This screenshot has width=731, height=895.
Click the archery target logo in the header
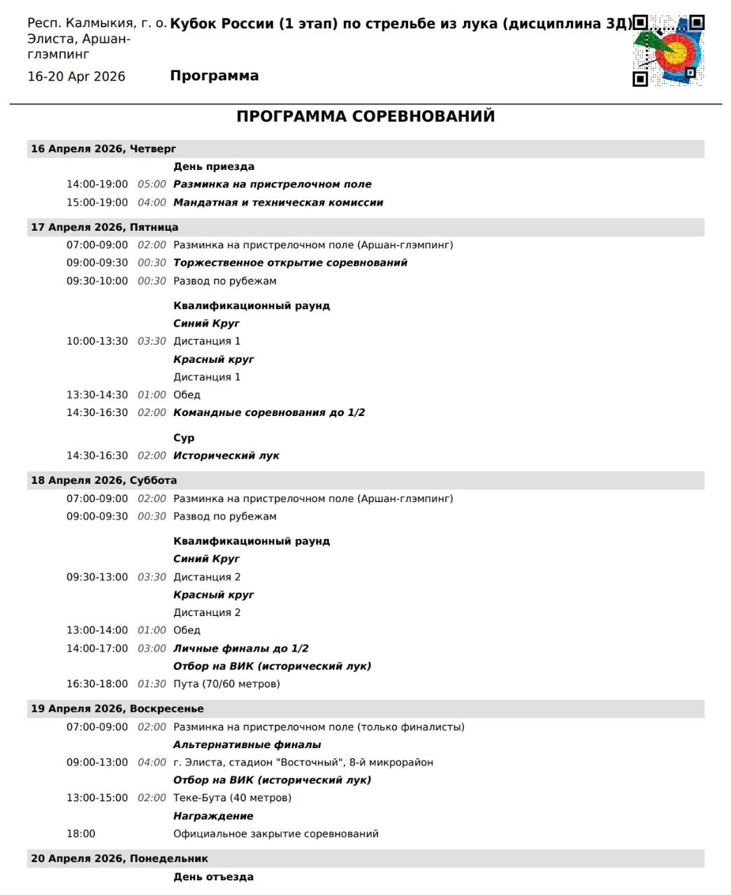tap(669, 50)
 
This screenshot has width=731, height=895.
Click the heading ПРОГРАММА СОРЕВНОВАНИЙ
tap(365, 116)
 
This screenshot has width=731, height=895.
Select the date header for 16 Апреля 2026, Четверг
tap(103, 149)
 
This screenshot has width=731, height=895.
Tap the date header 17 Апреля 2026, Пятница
tap(104, 227)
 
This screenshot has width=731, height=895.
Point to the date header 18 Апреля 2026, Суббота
tap(103, 480)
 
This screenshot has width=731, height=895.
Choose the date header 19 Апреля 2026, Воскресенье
tap(117, 708)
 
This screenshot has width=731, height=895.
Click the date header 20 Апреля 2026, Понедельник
tap(119, 859)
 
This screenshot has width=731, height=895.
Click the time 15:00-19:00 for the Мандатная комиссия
tap(97, 203)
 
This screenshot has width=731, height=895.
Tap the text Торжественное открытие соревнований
tap(290, 263)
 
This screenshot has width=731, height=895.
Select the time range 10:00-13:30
tap(97, 341)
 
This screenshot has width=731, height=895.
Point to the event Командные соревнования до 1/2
tap(269, 413)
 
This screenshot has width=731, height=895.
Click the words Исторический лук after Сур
tap(226, 456)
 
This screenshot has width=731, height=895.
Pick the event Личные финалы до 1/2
tap(241, 648)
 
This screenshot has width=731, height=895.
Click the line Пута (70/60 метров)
tap(226, 684)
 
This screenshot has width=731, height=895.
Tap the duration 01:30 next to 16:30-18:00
tap(152, 684)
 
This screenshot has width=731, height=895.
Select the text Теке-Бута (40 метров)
tap(232, 798)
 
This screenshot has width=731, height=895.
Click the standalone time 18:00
tap(81, 833)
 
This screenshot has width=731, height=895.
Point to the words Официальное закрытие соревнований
tap(276, 833)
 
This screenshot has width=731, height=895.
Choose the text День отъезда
tap(213, 877)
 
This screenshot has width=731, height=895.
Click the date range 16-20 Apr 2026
tap(76, 77)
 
